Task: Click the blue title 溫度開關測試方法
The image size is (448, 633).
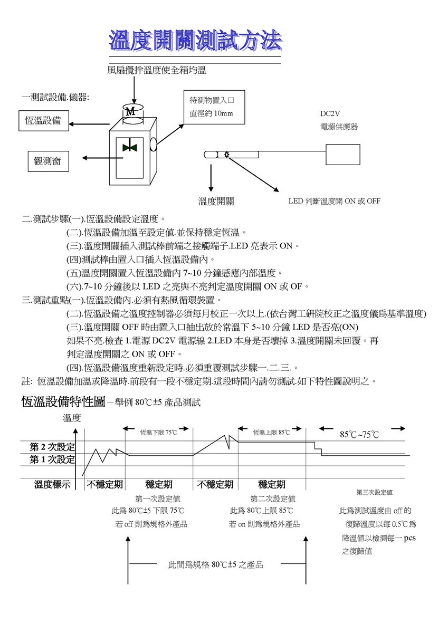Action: click(x=196, y=41)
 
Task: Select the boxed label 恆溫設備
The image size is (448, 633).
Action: click(x=44, y=121)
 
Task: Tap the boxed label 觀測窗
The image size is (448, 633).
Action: click(x=49, y=161)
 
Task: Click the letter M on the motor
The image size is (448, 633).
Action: click(x=130, y=112)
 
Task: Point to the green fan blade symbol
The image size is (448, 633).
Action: click(x=130, y=148)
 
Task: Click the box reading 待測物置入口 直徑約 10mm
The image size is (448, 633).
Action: click(x=214, y=107)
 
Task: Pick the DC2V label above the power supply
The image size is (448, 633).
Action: click(x=330, y=113)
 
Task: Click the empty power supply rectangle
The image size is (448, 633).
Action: click(x=343, y=155)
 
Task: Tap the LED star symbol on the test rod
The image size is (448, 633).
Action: click(x=226, y=155)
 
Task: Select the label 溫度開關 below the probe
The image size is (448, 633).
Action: click(x=216, y=201)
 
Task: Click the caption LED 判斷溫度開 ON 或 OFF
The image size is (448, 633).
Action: click(x=334, y=201)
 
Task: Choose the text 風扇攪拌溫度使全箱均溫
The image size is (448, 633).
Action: click(x=157, y=70)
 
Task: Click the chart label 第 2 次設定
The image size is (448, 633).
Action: click(x=52, y=447)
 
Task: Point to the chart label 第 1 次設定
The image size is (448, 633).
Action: click(x=52, y=459)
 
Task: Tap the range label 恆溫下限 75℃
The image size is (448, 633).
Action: click(x=158, y=433)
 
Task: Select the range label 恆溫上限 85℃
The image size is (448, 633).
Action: click(x=271, y=433)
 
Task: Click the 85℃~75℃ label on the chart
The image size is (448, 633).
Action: click(x=359, y=434)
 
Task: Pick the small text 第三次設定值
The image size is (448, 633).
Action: click(x=374, y=493)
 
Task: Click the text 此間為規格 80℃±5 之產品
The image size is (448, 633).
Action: click(x=216, y=565)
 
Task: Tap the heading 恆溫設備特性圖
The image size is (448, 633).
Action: click(x=63, y=401)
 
